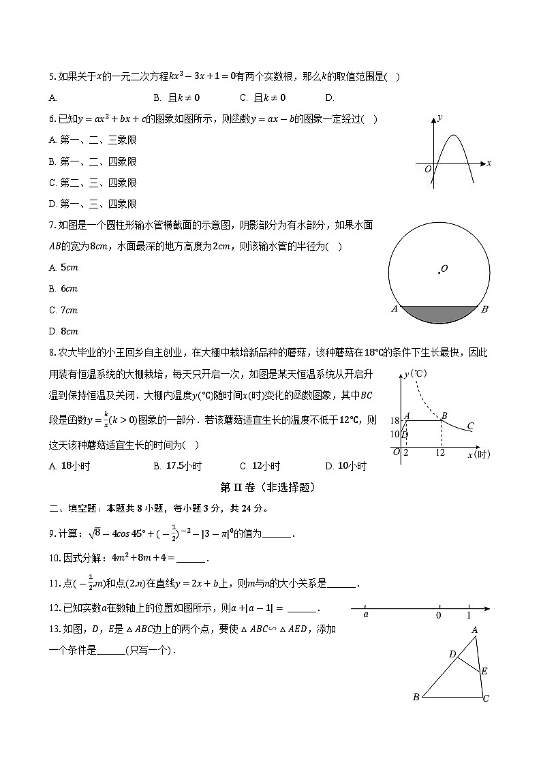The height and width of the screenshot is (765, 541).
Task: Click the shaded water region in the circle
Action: (x=439, y=313)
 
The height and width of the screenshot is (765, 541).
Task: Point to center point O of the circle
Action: (x=439, y=272)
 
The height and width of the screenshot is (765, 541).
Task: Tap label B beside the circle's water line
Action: (x=484, y=309)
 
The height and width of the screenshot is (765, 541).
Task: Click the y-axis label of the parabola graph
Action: (x=440, y=117)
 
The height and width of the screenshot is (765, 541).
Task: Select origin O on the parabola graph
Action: (x=428, y=169)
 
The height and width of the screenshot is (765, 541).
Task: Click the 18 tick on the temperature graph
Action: (x=395, y=421)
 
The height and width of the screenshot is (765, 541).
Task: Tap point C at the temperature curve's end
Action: (x=470, y=426)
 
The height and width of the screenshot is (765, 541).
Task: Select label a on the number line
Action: (x=366, y=615)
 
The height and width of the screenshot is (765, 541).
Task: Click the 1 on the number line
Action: (x=469, y=615)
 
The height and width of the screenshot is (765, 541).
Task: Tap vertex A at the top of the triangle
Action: (x=474, y=630)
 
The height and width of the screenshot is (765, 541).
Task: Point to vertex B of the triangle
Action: (x=416, y=697)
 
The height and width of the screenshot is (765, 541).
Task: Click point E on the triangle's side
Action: (x=484, y=671)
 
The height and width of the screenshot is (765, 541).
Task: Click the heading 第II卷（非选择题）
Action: (x=268, y=487)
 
